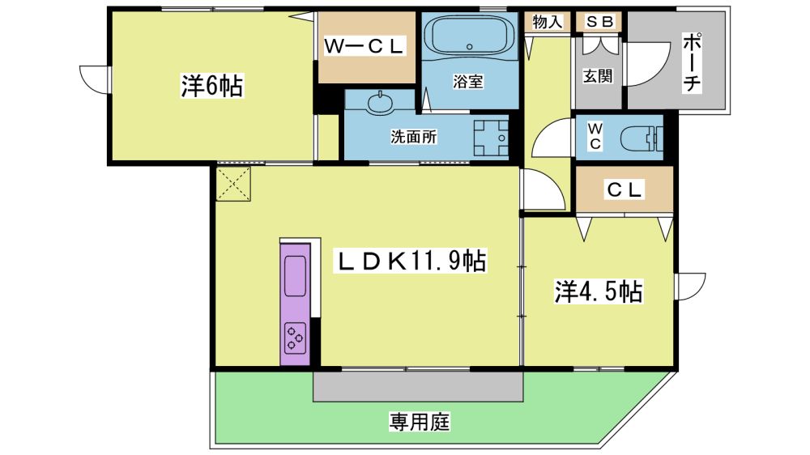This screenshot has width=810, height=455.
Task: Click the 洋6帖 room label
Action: pyautogui.click(x=211, y=86)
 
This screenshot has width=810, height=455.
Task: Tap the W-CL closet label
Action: pyautogui.click(x=364, y=46)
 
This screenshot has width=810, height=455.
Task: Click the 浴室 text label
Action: pyautogui.click(x=468, y=81)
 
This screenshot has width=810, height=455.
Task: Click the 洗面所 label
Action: pyautogui.click(x=413, y=136)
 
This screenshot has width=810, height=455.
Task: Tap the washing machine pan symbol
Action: pyautogui.click(x=491, y=138)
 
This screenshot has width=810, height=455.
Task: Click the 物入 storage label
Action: pyautogui.click(x=547, y=22)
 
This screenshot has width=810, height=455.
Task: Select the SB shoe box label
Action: pyautogui.click(x=599, y=22)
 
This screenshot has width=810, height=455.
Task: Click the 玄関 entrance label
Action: pyautogui.click(x=599, y=76)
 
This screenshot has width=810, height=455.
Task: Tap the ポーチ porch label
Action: pyautogui.click(x=692, y=63)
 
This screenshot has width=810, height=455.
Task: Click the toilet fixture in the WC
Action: pyautogui.click(x=641, y=138)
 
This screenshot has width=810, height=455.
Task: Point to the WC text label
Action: pyautogui.click(x=595, y=136)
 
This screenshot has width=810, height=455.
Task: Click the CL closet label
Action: pyautogui.click(x=625, y=189)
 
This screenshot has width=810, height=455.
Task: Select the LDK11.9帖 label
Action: pyautogui.click(x=411, y=261)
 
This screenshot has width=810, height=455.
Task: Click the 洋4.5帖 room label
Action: pyautogui.click(x=599, y=291)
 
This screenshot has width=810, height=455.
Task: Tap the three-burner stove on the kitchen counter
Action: pyautogui.click(x=296, y=338)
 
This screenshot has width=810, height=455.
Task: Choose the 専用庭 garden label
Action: pyautogui.click(x=420, y=422)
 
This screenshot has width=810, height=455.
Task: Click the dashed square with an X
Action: pyautogui.click(x=233, y=183)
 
